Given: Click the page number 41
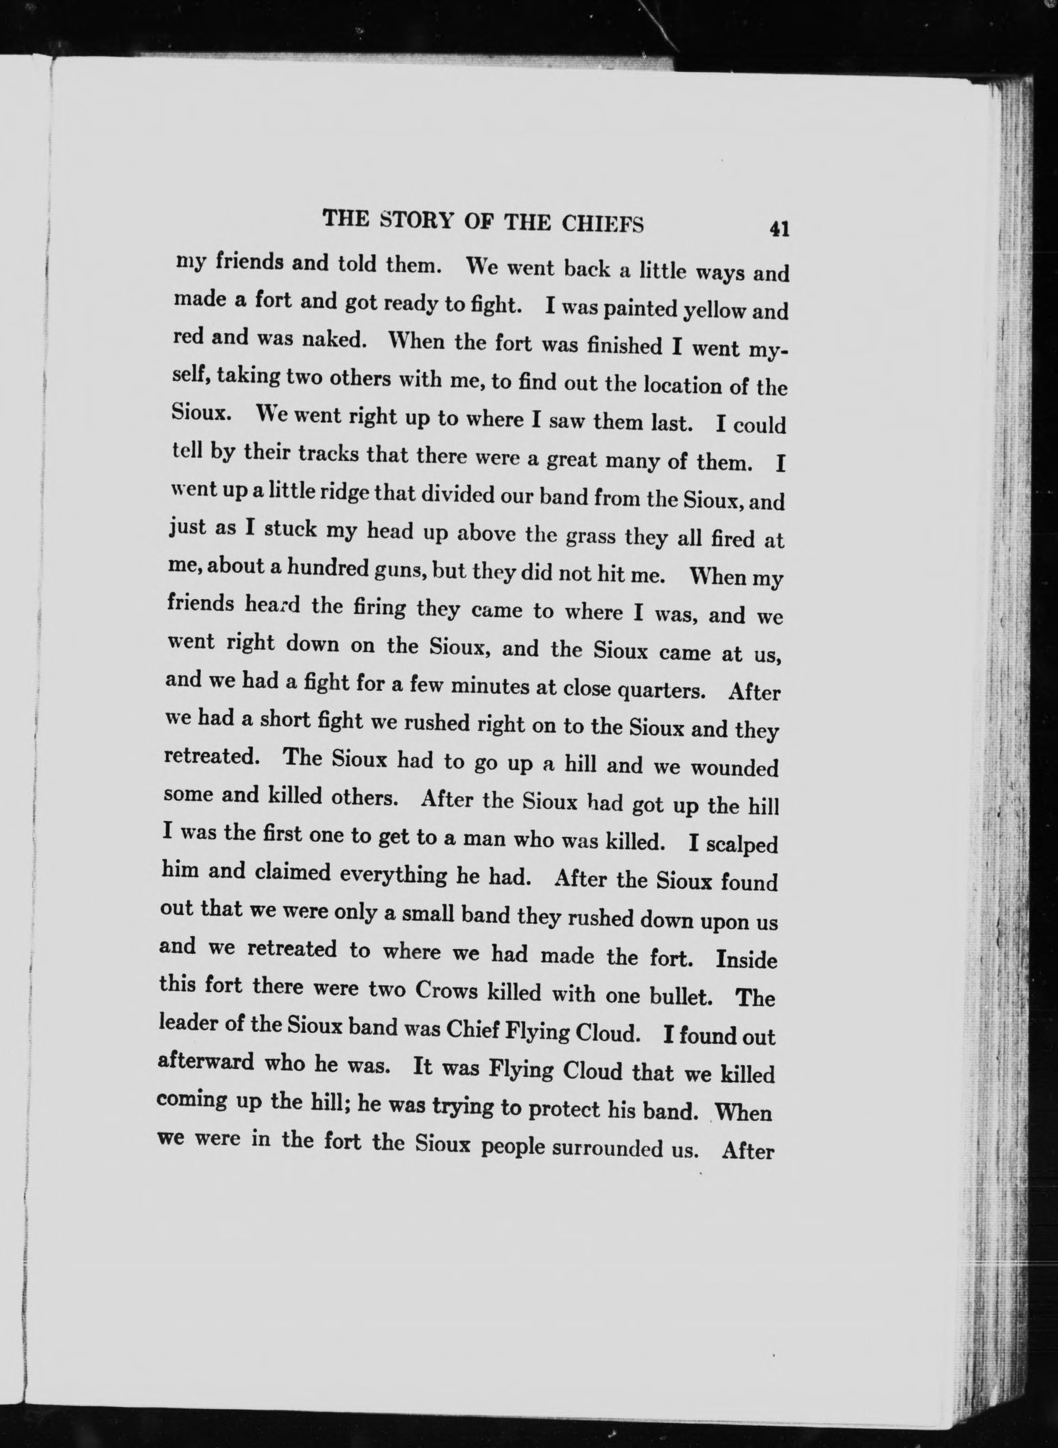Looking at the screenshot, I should coord(779,229).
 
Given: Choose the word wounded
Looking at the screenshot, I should coord(734,767).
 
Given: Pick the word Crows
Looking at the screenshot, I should coord(446,990).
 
